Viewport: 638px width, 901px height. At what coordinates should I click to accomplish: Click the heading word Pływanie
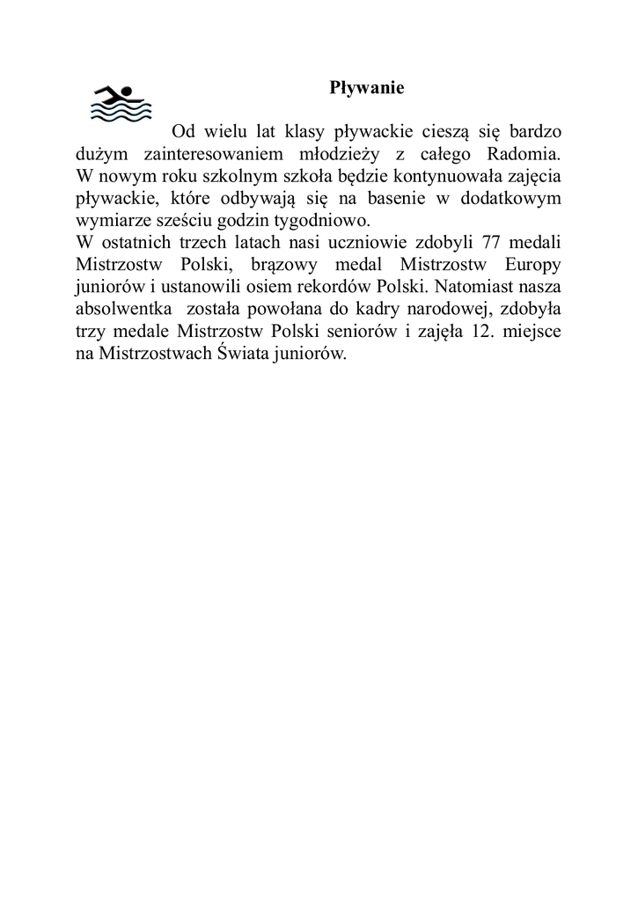(366, 88)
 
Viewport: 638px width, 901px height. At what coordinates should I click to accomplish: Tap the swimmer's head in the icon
(126, 91)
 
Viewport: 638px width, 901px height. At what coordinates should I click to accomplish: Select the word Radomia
(524, 153)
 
